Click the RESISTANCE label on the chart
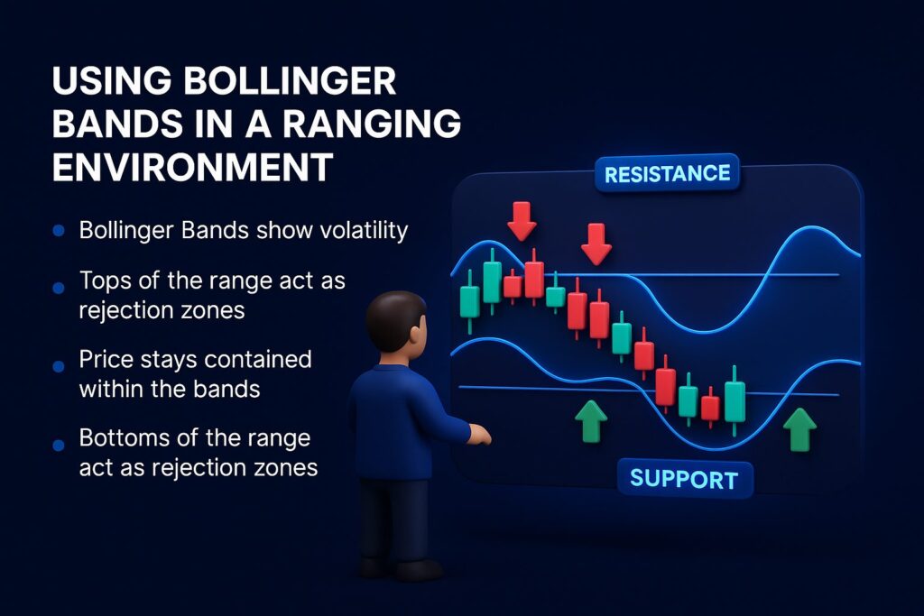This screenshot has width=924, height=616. (x=667, y=174)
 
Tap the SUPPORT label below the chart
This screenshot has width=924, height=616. (x=684, y=480)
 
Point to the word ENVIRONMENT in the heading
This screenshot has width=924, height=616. (x=193, y=167)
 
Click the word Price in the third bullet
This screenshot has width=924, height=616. (x=106, y=359)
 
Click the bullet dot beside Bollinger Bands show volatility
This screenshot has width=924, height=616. (x=59, y=230)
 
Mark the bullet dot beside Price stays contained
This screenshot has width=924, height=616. (x=59, y=366)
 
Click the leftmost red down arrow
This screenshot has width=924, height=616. (x=522, y=221)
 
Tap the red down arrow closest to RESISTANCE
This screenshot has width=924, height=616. (x=596, y=244)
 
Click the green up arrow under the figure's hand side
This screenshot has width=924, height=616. (x=590, y=421)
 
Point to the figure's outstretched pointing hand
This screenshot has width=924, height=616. (x=480, y=435)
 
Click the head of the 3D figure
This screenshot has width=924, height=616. (x=396, y=322)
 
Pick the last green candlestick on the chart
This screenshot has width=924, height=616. (x=735, y=401)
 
